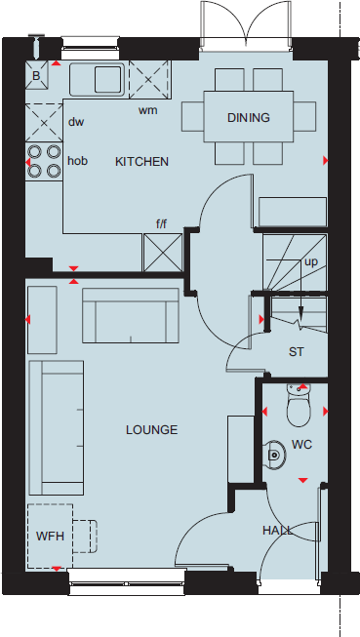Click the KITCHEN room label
(x=142, y=161)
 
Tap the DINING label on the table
(x=248, y=118)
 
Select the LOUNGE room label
(x=151, y=429)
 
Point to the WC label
(x=300, y=445)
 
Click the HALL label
(x=277, y=530)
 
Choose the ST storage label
(x=297, y=352)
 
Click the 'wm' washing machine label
(x=147, y=110)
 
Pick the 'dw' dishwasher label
(x=77, y=122)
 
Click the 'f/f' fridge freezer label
(x=162, y=224)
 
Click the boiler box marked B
(x=37, y=75)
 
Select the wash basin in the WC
(x=276, y=453)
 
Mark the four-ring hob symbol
(x=44, y=161)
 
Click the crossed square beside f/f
(x=162, y=252)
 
